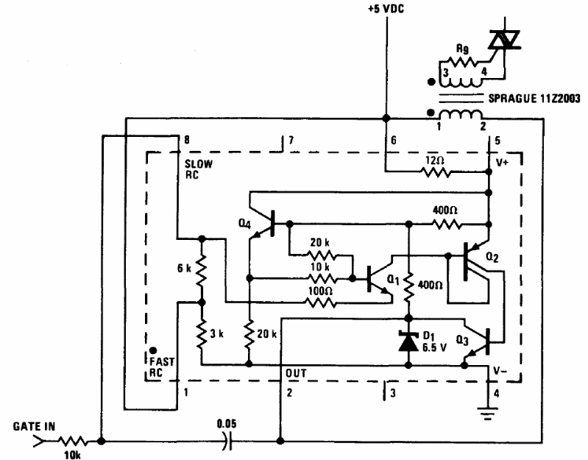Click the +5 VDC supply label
pos(386,9)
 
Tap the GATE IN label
pos(34,426)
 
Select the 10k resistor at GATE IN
pos(73,442)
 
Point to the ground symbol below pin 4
pos(487,413)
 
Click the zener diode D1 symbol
pos(408,342)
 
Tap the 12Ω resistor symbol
pos(436,172)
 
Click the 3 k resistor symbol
pos(202,333)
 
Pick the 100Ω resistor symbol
pos(321,302)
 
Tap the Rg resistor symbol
pos(461,62)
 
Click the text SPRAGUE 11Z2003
pos(534,99)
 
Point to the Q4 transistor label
pos(244,224)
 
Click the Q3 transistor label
pos(462,341)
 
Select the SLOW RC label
pos(199,169)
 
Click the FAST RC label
pos(162,367)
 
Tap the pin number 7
pos(291,141)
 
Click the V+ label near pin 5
pos(502,163)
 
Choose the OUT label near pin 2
pos(297,373)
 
